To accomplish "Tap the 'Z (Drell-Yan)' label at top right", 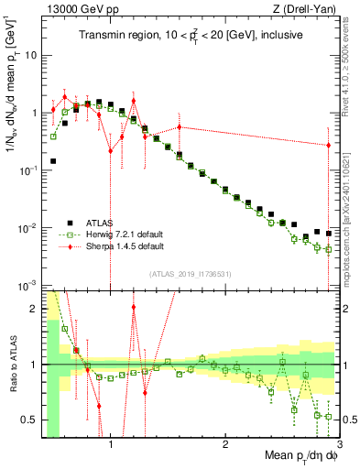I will click(308, 9).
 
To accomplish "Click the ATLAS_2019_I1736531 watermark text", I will click(191, 274).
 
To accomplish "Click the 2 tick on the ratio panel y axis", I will click(34, 309).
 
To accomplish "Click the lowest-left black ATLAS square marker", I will click(53, 161).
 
